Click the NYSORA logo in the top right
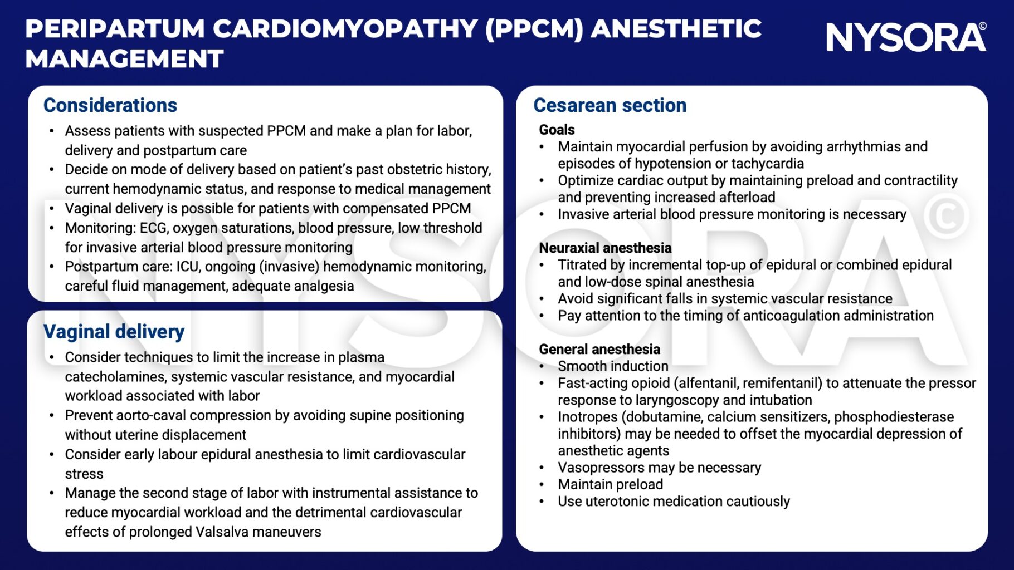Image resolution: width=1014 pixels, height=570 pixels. click(905, 37)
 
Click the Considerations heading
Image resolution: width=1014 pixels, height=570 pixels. click(110, 105)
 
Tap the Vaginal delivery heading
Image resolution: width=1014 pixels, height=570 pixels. click(114, 332)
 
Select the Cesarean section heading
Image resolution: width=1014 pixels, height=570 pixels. click(610, 105)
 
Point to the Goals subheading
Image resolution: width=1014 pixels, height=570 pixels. click(557, 130)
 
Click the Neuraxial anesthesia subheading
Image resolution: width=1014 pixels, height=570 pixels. click(605, 248)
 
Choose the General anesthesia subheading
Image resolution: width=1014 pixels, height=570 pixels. click(599, 349)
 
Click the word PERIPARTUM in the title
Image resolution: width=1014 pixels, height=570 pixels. click(115, 29)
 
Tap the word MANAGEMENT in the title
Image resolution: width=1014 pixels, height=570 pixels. click(124, 59)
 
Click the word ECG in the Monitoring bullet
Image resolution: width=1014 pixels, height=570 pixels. click(153, 228)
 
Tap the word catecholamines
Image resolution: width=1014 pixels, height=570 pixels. click(115, 377)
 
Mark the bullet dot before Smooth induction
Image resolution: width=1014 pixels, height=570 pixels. click(542, 366)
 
